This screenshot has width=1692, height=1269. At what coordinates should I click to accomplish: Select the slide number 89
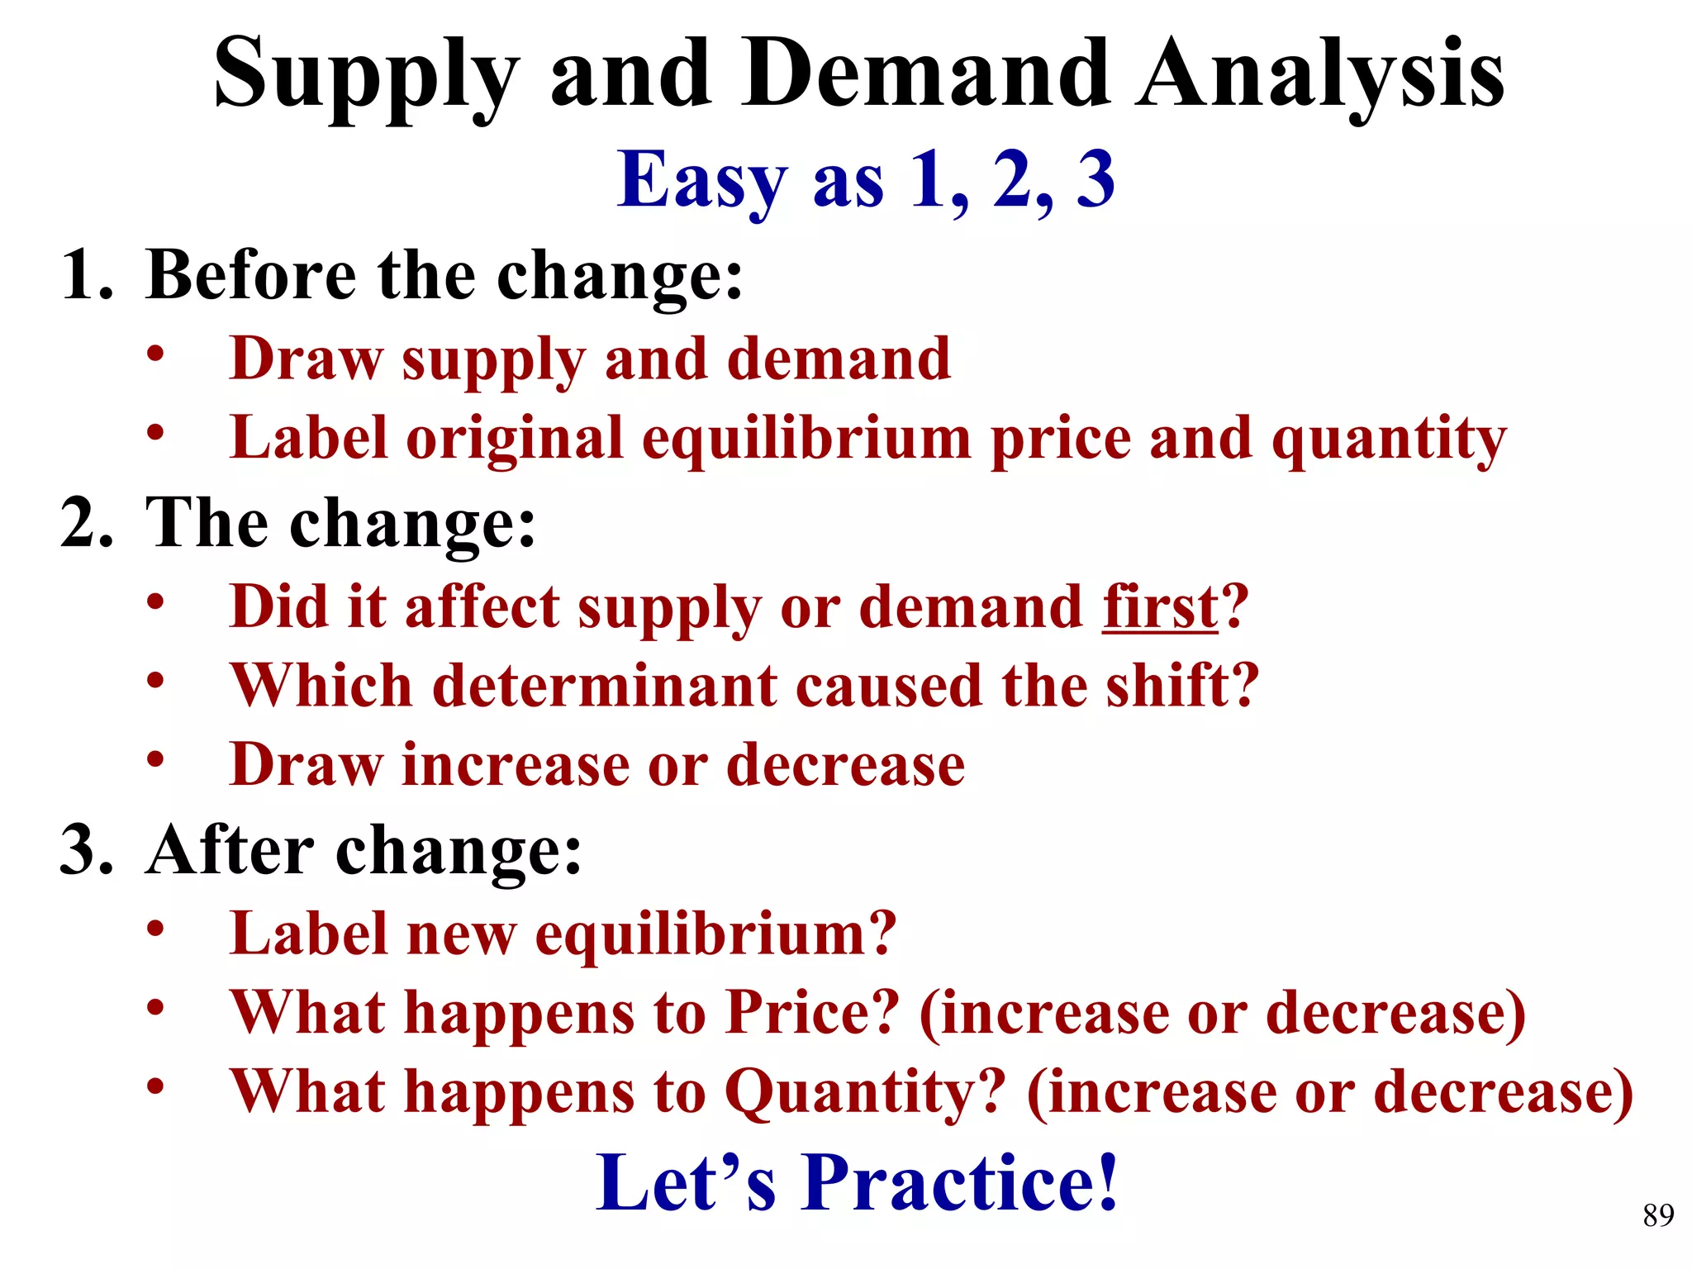coord(1658,1215)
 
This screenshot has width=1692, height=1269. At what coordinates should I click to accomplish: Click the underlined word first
coord(1160,606)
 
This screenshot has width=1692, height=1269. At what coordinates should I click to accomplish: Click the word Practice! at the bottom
coord(960,1183)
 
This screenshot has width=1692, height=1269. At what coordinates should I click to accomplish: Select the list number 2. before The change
coord(86,524)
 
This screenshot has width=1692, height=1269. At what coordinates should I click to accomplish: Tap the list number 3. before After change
coord(86,850)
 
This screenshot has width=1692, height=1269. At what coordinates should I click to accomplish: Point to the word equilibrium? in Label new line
coord(715,934)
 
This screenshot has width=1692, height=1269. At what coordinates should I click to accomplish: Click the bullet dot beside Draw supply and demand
coord(155,354)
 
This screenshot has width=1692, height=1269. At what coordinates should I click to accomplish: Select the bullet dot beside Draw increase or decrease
coord(155,758)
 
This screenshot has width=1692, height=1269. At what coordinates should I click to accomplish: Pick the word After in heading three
coord(229,850)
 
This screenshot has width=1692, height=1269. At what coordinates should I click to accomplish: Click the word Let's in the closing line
coord(686,1183)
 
